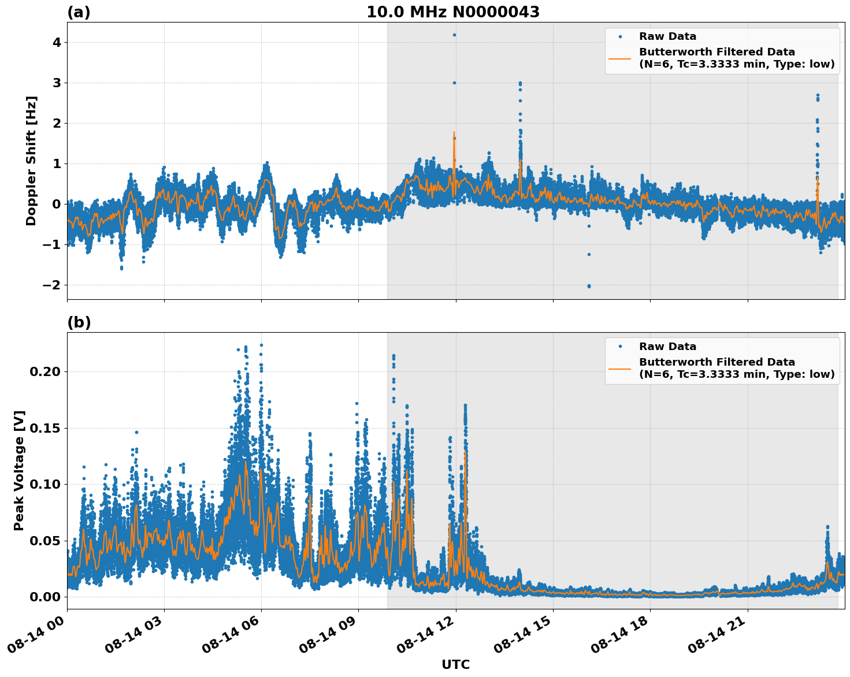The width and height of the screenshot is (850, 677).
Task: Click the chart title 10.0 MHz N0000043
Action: pos(452,12)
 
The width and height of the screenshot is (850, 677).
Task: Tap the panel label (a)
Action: pos(79,12)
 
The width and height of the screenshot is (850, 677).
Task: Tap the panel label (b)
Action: pos(79,322)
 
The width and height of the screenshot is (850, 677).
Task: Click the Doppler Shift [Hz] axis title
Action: pos(31,161)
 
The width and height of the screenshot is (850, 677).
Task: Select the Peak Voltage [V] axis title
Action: pos(19,471)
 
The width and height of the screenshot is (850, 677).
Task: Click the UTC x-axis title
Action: pos(455,665)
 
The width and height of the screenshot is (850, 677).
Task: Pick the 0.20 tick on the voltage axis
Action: pos(44,371)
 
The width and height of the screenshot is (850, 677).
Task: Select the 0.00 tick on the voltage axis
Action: pos(44,597)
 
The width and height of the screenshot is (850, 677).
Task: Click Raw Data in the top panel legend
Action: pos(667,37)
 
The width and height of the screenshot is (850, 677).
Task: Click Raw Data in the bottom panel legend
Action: pos(667,347)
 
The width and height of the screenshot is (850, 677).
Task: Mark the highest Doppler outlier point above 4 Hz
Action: pos(454,35)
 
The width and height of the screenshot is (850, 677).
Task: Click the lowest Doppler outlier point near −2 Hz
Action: pos(589,286)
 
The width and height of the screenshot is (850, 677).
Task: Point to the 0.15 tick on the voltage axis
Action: pos(44,428)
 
